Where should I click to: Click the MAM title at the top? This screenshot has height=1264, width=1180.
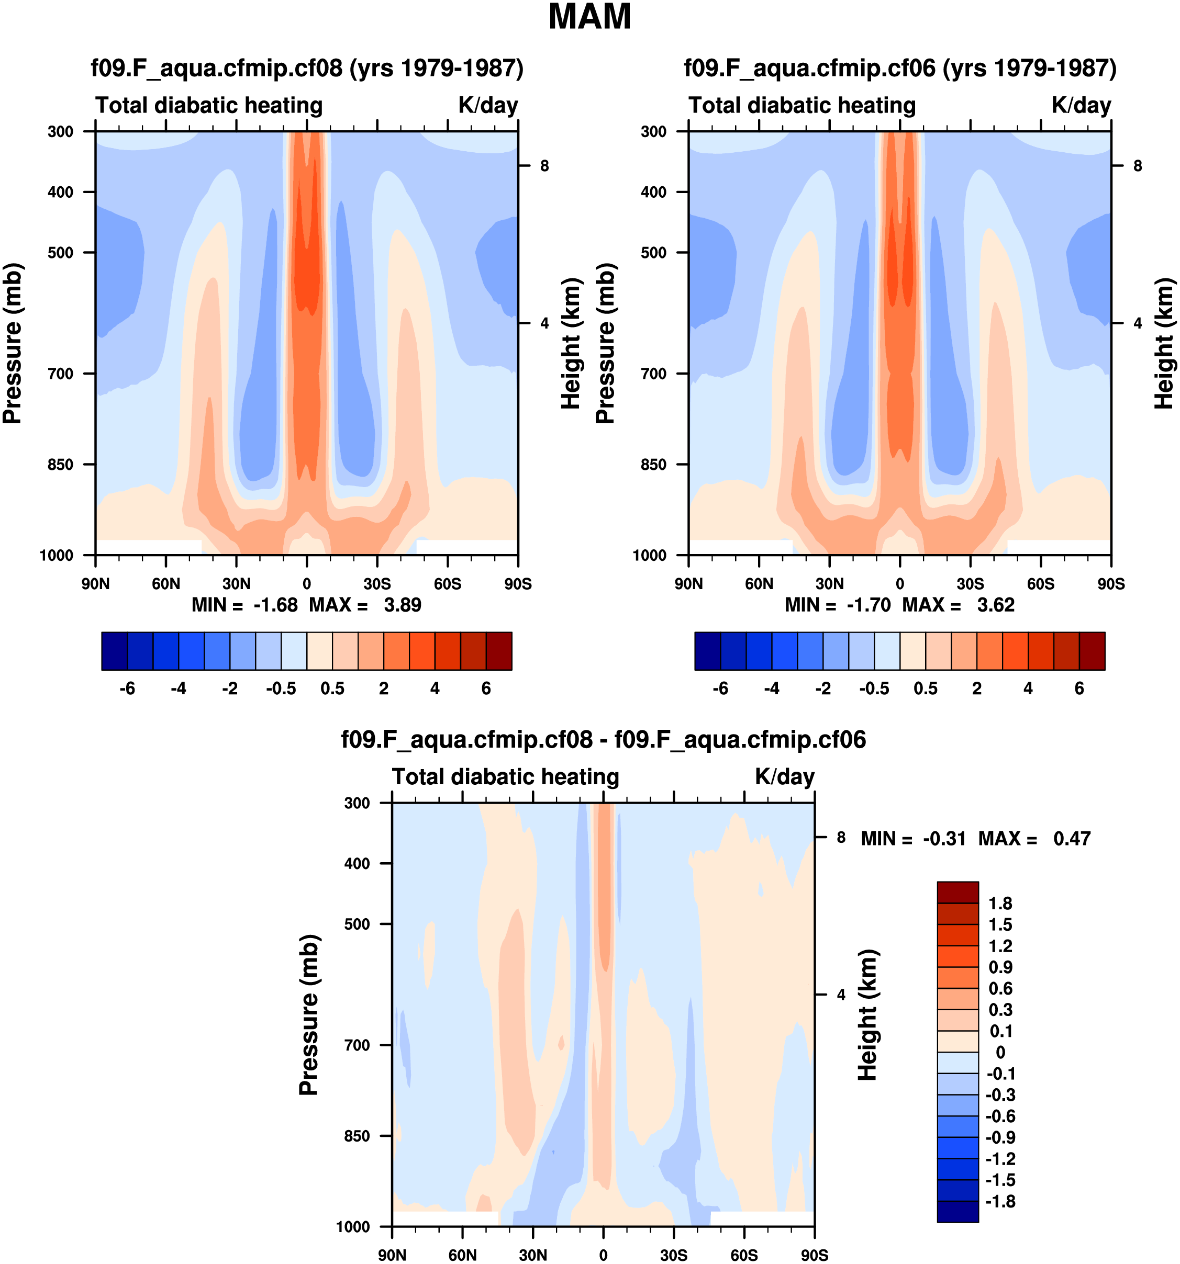[589, 17]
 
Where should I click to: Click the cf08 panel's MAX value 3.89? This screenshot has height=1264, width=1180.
[402, 605]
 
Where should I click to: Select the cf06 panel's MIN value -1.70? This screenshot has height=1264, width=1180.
[869, 605]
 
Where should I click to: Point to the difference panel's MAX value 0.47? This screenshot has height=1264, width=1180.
[1072, 839]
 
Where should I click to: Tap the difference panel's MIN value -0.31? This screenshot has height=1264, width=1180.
[944, 839]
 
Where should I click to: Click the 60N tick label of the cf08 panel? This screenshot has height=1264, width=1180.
[166, 584]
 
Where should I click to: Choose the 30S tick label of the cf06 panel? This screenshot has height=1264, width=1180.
[970, 584]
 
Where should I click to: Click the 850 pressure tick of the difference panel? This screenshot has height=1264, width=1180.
[357, 1136]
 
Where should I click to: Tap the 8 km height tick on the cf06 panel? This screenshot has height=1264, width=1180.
[1138, 166]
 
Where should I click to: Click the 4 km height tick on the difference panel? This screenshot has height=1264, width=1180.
[841, 995]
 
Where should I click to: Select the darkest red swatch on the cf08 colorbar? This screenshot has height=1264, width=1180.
[499, 651]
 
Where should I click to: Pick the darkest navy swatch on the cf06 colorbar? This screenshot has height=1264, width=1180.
[707, 651]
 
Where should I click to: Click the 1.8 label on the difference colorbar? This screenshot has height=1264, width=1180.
[1000, 904]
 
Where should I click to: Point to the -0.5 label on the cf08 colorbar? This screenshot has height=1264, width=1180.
[281, 689]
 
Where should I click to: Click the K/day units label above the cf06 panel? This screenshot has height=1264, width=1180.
[1081, 105]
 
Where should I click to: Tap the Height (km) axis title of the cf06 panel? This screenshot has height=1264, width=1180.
[1164, 343]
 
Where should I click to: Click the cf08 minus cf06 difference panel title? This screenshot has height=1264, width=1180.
[603, 739]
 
